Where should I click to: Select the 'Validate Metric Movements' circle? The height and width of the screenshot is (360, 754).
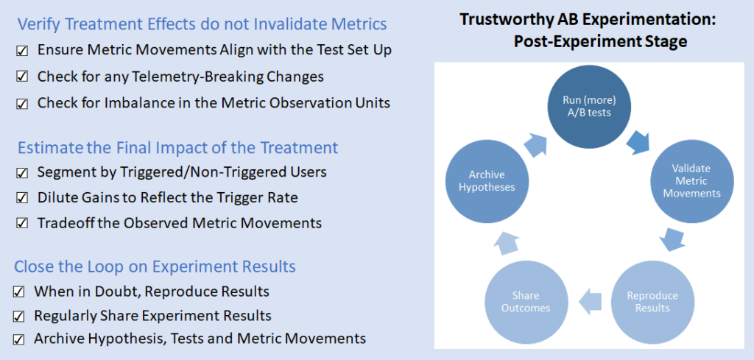690,181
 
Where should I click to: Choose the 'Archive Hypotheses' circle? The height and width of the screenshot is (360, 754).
487,181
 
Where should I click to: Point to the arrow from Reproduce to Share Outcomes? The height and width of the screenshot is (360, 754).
589,299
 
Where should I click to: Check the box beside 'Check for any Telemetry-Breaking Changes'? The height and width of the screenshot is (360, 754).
22,77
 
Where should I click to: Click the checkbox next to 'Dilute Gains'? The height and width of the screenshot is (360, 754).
22,198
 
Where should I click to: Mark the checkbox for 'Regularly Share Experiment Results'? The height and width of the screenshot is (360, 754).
19,317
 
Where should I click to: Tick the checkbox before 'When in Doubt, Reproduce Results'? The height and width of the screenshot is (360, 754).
19,292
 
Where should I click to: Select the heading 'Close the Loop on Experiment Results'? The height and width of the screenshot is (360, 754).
155,267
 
